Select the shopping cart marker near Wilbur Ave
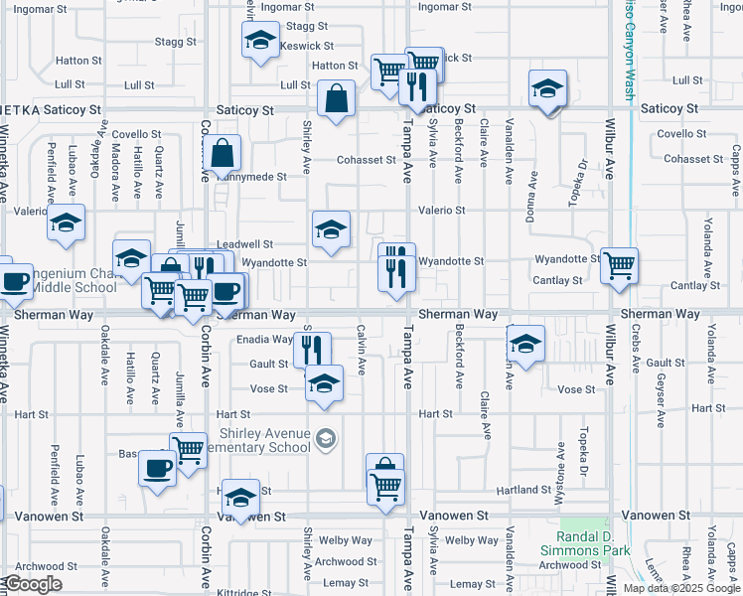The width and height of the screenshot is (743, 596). [x=619, y=265]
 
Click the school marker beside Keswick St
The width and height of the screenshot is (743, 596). [x=260, y=41]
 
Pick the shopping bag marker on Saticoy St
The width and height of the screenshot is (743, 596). [x=337, y=97]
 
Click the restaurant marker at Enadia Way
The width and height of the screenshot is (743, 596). [x=313, y=348]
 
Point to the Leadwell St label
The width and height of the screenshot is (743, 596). [x=244, y=243]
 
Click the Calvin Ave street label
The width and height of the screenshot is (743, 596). [x=362, y=350]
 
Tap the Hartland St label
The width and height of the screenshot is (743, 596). [x=551, y=490]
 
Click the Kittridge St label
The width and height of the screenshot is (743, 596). [x=239, y=593]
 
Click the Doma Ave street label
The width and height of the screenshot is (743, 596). [x=533, y=196]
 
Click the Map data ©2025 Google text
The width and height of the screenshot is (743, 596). [x=681, y=588]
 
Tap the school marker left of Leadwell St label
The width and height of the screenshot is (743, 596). [x=130, y=257]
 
